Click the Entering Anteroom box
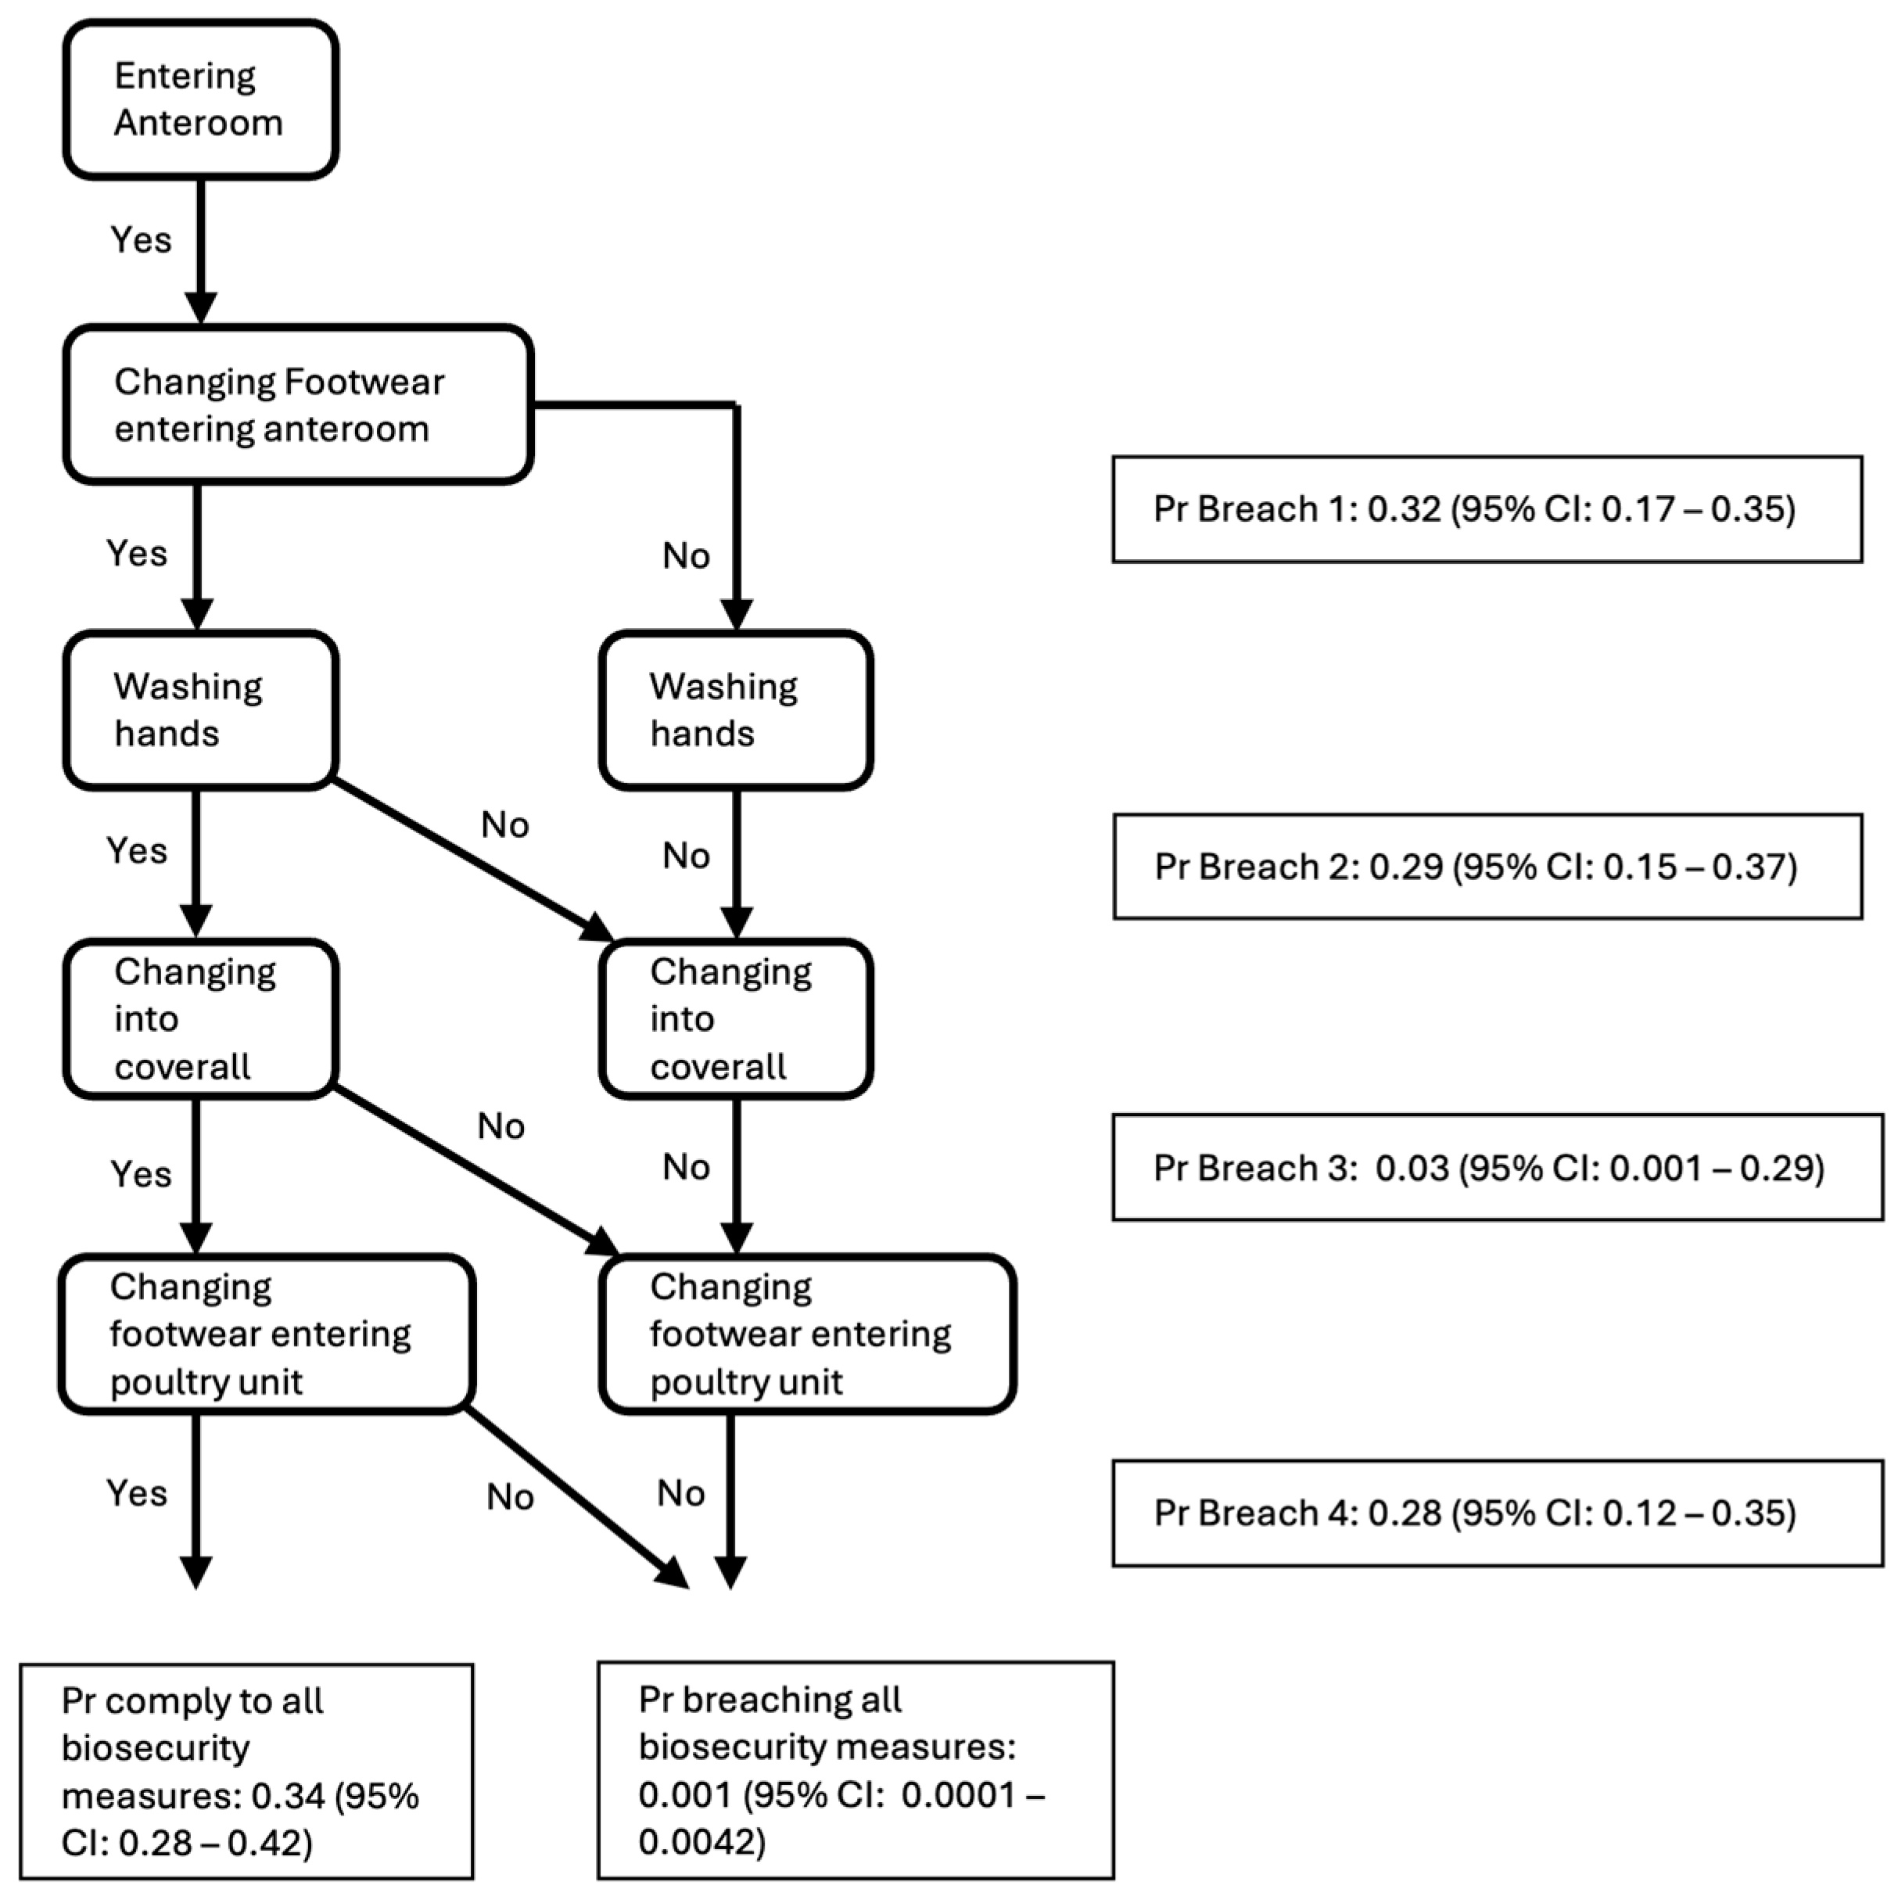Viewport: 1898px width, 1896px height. [x=200, y=99]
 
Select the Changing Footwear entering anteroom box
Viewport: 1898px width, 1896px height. [x=298, y=404]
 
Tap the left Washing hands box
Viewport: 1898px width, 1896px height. [x=200, y=710]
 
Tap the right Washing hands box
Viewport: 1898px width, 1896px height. [x=736, y=710]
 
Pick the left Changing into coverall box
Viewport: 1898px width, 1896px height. [x=200, y=1018]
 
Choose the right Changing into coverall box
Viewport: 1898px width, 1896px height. [x=736, y=1018]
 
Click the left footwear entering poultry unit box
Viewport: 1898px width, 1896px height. [x=267, y=1334]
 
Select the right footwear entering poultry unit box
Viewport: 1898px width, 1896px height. [x=806, y=1334]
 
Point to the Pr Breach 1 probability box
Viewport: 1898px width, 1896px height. [x=1487, y=509]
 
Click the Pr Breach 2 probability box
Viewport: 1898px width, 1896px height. [x=1487, y=867]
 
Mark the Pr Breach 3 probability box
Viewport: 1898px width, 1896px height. [x=1496, y=1167]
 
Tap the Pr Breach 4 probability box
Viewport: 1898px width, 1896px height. [x=1496, y=1513]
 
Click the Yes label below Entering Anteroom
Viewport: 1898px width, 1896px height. [x=141, y=239]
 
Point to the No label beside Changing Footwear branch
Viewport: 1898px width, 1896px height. [x=686, y=556]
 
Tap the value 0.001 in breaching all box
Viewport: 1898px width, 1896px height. [x=685, y=1795]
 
